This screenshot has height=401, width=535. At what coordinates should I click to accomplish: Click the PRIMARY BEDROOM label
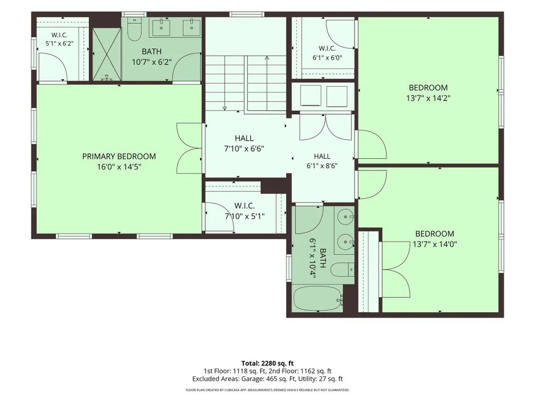[x=119, y=157]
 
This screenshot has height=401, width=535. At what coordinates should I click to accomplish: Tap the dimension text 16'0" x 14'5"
[x=119, y=167]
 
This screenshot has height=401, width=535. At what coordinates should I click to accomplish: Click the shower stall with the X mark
[x=107, y=55]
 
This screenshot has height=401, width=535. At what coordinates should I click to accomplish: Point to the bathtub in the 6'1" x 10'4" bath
[x=318, y=299]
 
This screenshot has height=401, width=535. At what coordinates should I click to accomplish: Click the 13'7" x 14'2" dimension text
[x=428, y=98]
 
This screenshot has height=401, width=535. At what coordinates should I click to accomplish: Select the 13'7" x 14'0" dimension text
[x=434, y=244]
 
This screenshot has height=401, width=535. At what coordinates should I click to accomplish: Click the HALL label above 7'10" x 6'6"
[x=244, y=138]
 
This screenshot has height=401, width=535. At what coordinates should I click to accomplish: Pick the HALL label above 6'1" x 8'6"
[x=322, y=156]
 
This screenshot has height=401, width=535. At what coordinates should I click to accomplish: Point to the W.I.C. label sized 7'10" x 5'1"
[x=244, y=206]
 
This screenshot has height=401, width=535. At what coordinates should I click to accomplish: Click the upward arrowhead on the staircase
[x=267, y=58]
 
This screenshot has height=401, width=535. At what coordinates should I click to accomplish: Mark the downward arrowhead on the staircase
[x=225, y=109]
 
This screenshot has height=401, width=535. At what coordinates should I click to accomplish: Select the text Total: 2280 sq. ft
[x=267, y=363]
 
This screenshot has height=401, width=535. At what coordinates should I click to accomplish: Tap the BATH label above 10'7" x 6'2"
[x=152, y=51]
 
